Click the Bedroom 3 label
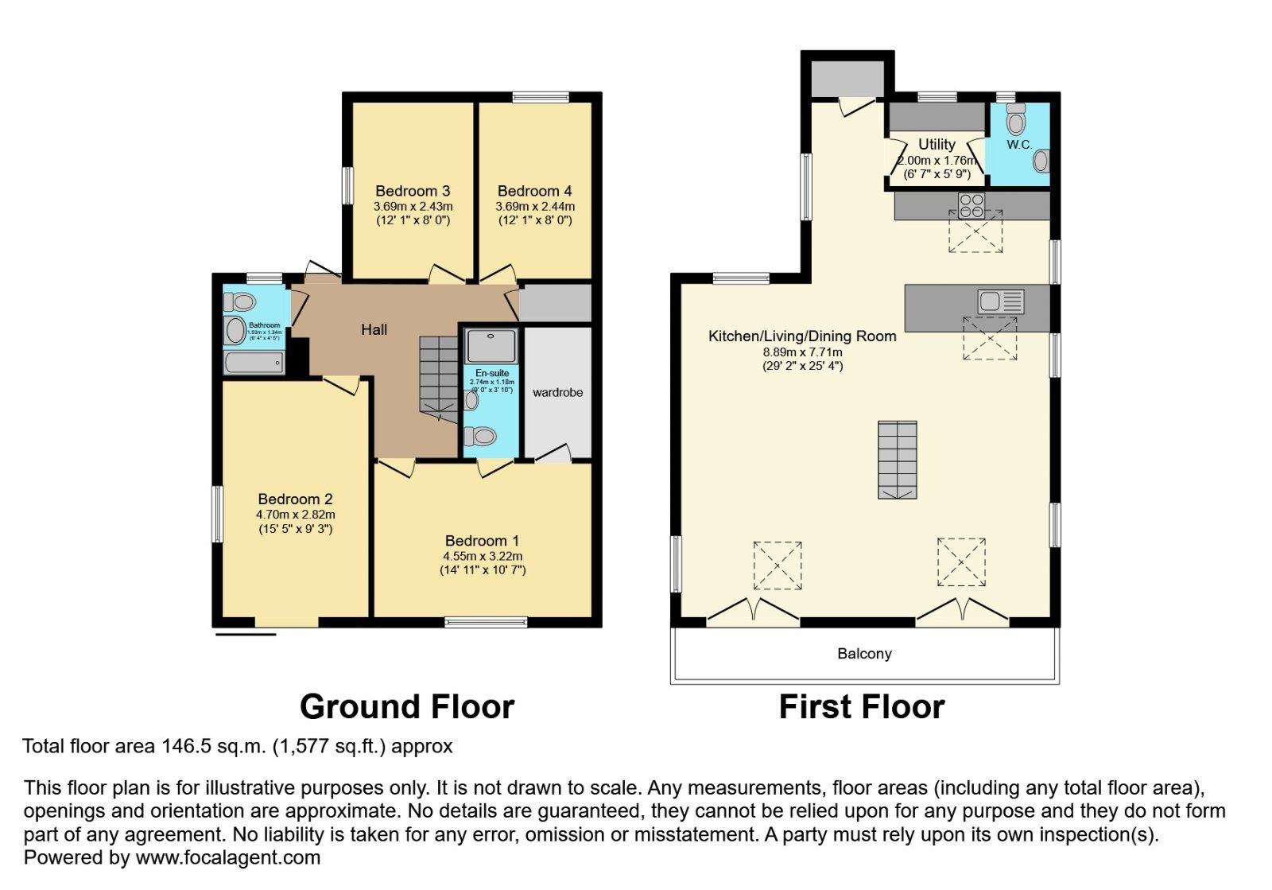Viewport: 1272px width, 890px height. [x=413, y=191]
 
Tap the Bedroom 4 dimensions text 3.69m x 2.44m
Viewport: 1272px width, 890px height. [x=535, y=206]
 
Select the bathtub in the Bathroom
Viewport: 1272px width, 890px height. [x=254, y=363]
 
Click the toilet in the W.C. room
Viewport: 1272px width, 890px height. [x=1016, y=121]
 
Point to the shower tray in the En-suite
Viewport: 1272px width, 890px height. [x=491, y=346]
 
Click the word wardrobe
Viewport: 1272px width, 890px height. [x=557, y=393]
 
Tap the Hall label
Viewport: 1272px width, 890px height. [x=374, y=329]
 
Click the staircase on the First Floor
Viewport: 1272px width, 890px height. [x=897, y=460]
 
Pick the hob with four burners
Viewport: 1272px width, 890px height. [x=971, y=205]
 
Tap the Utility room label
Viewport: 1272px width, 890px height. [x=937, y=145]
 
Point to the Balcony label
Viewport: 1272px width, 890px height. [x=864, y=654]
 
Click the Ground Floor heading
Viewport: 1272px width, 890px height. [x=407, y=706]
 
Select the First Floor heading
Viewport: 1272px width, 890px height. [x=862, y=706]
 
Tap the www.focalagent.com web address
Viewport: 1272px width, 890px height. [x=228, y=857]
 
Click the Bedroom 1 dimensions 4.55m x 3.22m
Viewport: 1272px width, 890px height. [x=483, y=556]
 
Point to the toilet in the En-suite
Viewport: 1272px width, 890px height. [x=481, y=436]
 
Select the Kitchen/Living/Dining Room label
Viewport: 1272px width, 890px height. [x=802, y=336]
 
